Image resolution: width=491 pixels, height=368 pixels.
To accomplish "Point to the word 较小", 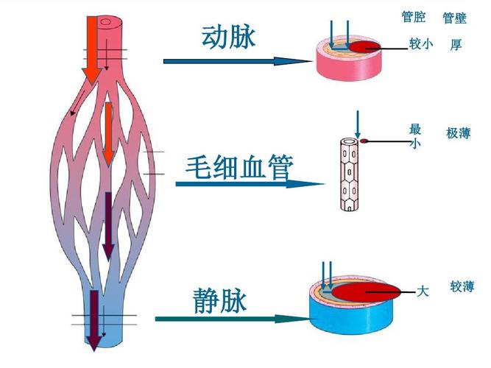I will click(421, 44).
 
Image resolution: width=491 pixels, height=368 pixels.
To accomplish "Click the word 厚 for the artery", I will click(456, 45).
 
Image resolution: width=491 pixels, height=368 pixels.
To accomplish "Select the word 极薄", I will click(458, 134).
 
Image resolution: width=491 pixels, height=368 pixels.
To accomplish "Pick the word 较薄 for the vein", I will click(462, 287).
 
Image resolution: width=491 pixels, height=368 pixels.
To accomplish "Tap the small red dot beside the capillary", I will click(364, 140).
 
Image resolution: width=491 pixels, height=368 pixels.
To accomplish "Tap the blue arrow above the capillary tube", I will click(356, 122).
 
